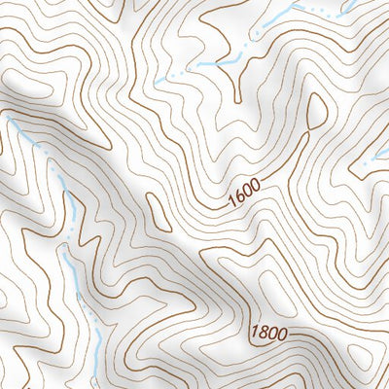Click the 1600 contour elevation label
point(246,196)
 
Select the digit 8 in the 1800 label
point(261,333)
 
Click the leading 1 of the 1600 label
point(231,202)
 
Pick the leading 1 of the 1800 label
point(252,332)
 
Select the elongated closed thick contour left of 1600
point(156,207)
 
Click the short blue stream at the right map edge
point(374,161)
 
